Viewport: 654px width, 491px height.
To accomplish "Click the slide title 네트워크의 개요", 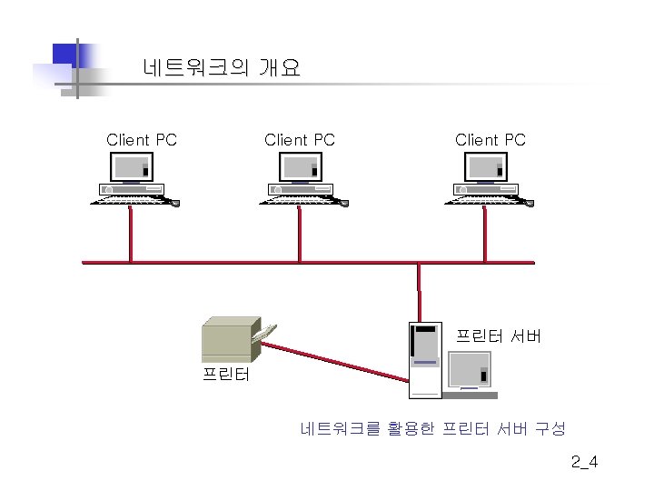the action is (222, 67).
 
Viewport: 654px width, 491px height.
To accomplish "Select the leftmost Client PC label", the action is (142, 140).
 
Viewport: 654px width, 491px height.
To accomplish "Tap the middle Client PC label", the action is (300, 140).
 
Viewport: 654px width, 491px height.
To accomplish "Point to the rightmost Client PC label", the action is (490, 140).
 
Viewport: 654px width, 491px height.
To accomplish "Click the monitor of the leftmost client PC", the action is (132, 167).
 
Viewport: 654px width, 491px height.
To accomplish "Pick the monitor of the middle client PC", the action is (301, 167).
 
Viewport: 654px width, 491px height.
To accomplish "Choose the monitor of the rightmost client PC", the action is (486, 167).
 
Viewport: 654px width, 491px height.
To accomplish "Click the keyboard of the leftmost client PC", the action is (130, 200).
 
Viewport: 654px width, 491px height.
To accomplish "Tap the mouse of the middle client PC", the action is (344, 204).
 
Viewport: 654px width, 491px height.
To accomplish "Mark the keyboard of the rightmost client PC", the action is (484, 200).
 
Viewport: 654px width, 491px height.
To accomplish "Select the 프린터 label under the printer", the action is (226, 374).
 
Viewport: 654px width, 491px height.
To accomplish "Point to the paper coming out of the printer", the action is (264, 333).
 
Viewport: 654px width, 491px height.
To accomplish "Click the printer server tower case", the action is (425, 360).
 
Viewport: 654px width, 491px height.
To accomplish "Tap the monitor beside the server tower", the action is (471, 374).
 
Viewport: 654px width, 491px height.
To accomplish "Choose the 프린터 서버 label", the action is (499, 336).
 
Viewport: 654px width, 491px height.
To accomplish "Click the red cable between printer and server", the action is (335, 362).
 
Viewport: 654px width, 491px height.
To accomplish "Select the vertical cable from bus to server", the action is (419, 292).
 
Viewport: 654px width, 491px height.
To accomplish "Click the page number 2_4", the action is (584, 462).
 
